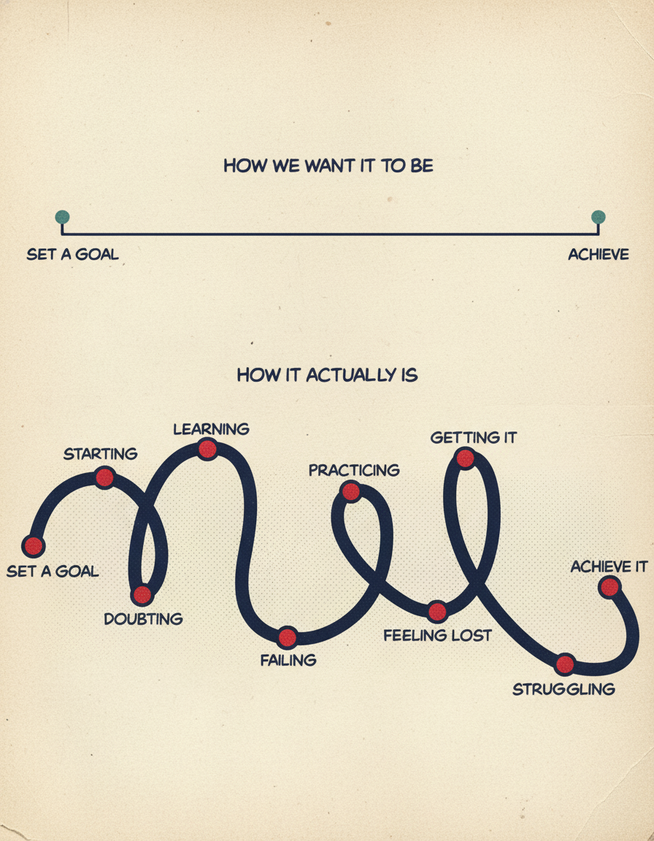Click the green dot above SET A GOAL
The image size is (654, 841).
coord(62,217)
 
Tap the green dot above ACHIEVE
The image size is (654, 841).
coord(599,217)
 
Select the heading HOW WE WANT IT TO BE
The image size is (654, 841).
coord(328,166)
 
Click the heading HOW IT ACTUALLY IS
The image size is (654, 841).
coord(327,375)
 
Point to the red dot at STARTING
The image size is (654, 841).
coord(104,478)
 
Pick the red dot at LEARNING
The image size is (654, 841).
coord(207,449)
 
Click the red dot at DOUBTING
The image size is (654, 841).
coord(142,595)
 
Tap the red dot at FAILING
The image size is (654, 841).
coord(288,637)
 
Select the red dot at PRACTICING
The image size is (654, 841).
coord(351,492)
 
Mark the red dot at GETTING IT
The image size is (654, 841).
coord(465,458)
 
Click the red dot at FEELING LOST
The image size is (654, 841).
coord(437,611)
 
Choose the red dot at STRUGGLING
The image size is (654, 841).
coord(565,664)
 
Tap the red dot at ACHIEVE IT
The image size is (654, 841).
coord(609,587)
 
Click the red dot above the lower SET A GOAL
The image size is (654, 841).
coord(34,545)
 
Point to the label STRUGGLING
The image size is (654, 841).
coord(563,689)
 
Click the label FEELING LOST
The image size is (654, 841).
coord(437,635)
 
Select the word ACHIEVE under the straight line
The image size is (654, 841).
coord(599,255)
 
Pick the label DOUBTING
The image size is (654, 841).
coord(143,619)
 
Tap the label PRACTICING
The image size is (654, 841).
coord(354,470)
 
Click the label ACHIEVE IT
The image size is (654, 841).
coord(609,567)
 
